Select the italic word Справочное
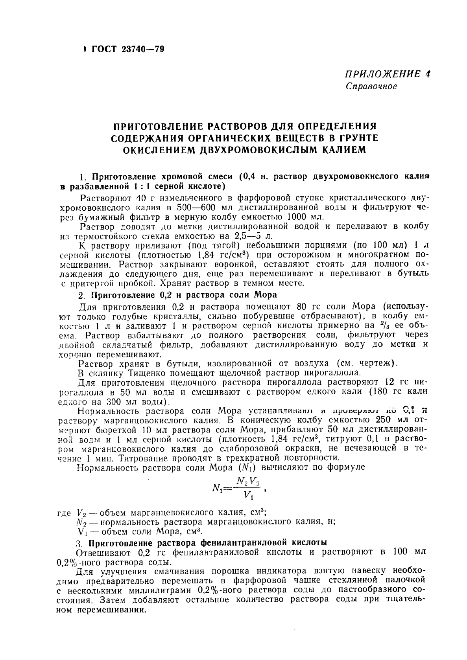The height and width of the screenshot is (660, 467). tap(371, 86)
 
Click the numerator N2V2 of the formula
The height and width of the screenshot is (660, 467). tap(247, 480)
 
